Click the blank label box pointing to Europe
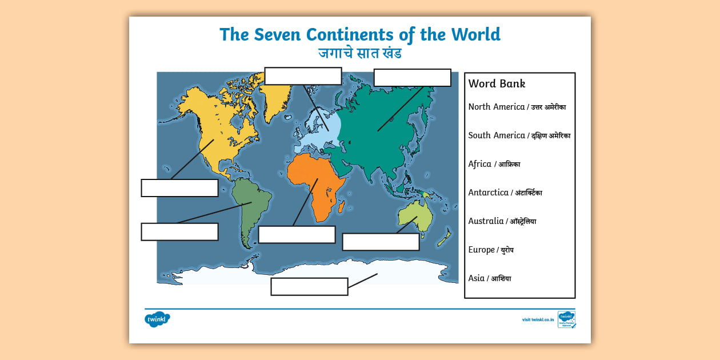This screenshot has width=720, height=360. [303, 76]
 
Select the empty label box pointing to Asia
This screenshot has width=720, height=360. [412, 78]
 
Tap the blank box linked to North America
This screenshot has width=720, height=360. [179, 188]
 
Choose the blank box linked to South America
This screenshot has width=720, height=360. [179, 231]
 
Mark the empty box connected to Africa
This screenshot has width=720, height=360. [297, 234]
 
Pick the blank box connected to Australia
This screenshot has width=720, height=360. [381, 242]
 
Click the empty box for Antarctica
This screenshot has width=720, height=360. [309, 286]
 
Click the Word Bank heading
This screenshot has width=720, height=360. [497, 83]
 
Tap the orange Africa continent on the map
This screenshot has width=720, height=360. [314, 183]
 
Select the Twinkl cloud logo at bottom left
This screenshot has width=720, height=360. [157, 319]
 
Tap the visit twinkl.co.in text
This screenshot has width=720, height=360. [538, 319]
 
